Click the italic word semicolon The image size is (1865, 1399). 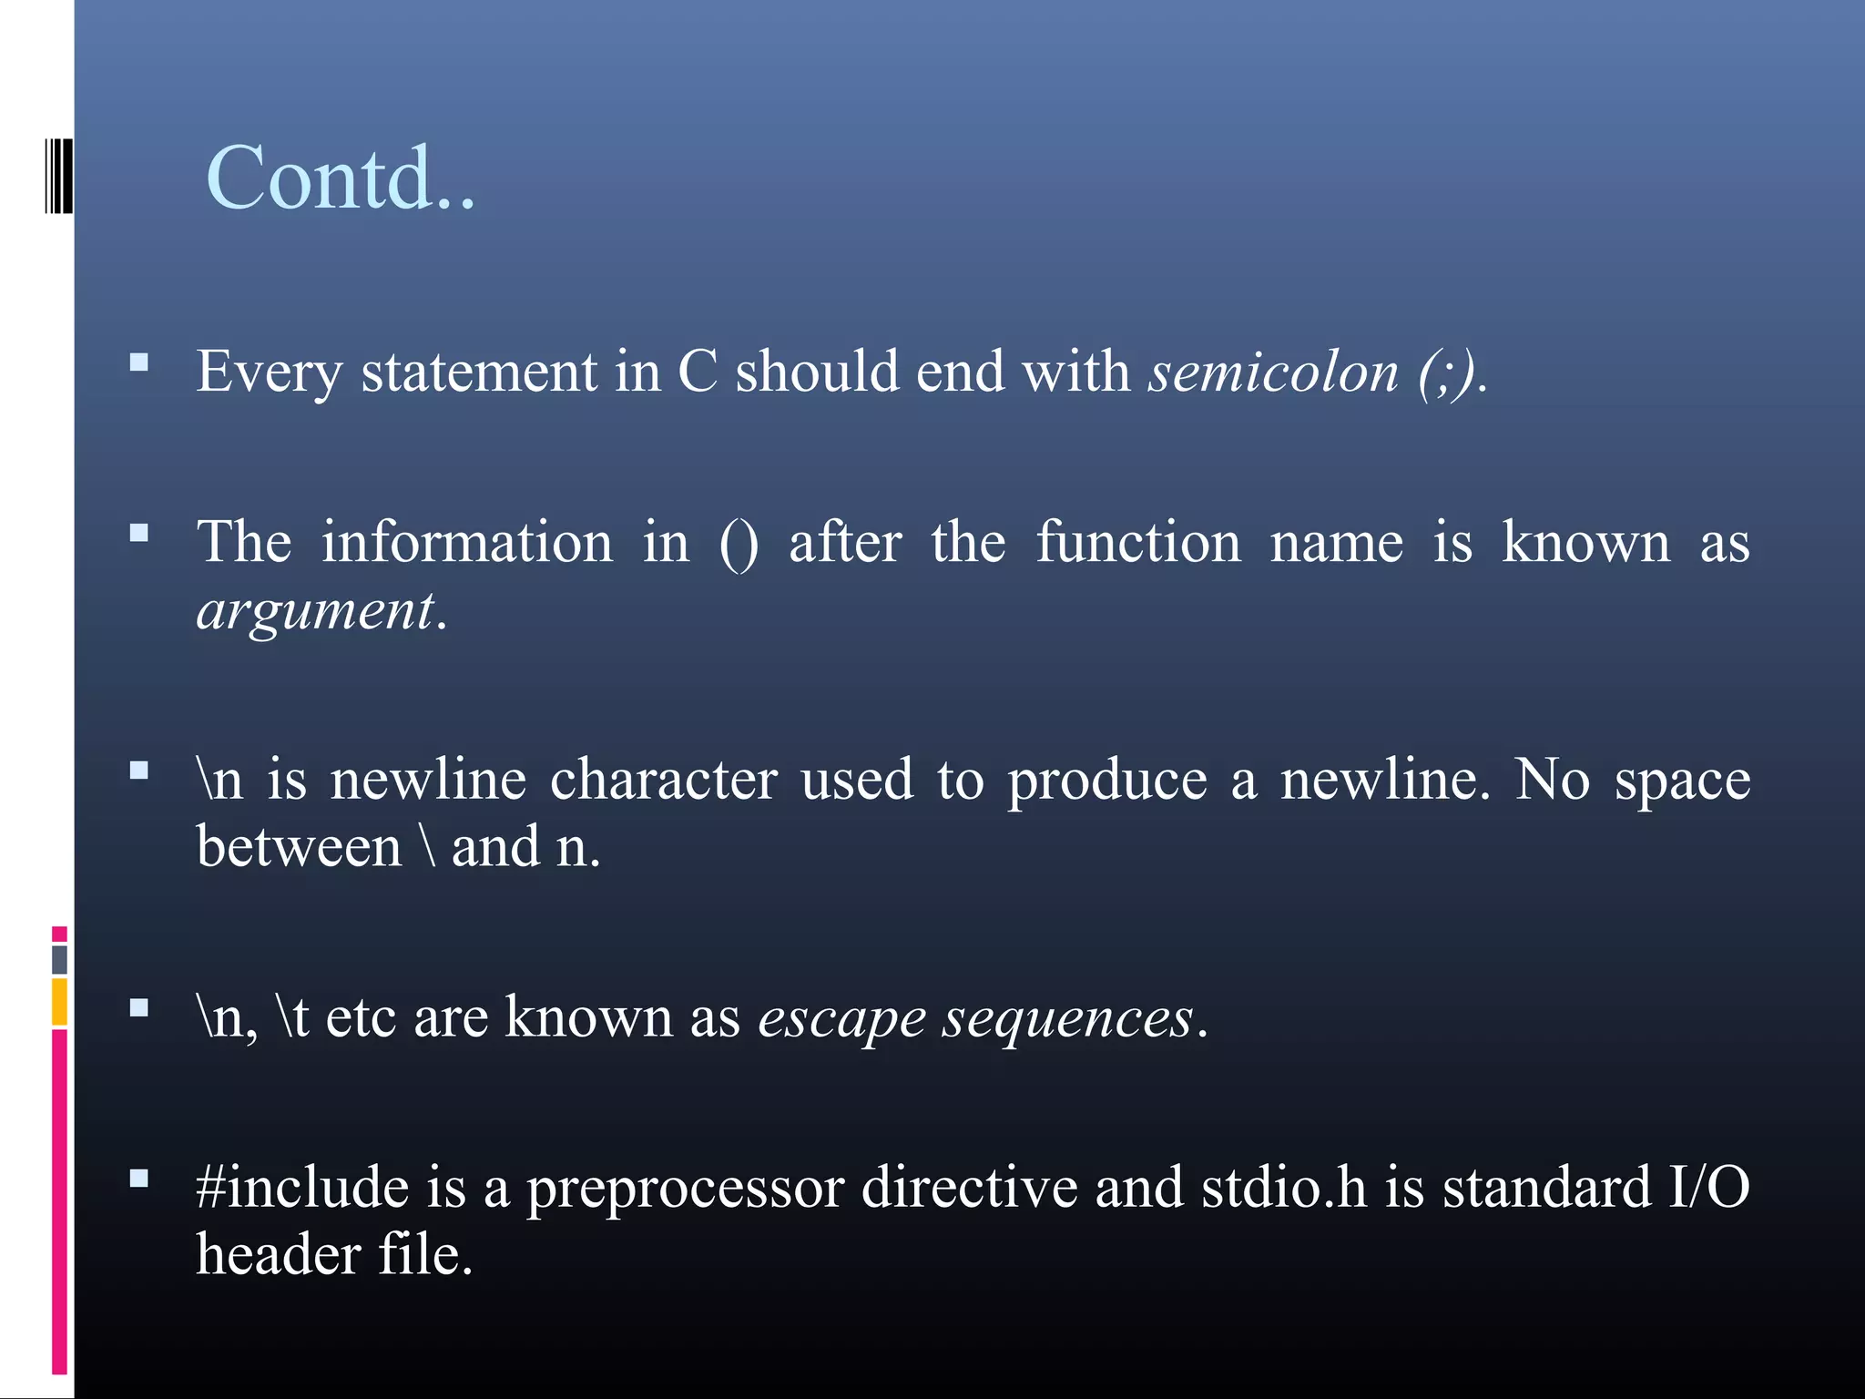point(1272,373)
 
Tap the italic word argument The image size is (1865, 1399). point(315,610)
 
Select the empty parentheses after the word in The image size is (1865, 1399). point(738,545)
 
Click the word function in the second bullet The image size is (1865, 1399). point(1137,543)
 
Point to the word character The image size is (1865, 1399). point(663,781)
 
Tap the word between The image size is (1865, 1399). point(299,847)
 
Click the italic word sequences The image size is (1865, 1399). point(1066,1018)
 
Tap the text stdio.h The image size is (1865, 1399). point(1283,1188)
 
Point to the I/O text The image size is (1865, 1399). point(1708,1188)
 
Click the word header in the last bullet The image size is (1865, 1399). point(279,1255)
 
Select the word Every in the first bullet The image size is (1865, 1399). point(270,373)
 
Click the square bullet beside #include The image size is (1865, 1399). point(139,1179)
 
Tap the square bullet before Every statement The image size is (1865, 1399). point(139,363)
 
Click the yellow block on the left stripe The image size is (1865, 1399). point(59,1001)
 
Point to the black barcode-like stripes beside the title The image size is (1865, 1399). point(59,176)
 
